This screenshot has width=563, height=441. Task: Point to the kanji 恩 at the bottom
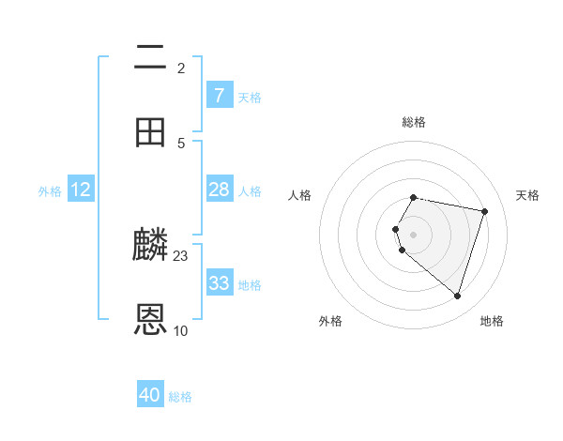[x=151, y=320]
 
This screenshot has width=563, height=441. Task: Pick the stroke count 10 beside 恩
[x=181, y=330]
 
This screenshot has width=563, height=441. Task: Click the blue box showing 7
[x=220, y=96]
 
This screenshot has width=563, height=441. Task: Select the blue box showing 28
[x=220, y=190]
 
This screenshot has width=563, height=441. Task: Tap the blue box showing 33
[x=220, y=283]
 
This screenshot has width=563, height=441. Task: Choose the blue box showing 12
[x=81, y=190]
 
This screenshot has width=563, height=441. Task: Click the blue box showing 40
[x=150, y=395]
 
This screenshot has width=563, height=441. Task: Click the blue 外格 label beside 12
[x=50, y=191]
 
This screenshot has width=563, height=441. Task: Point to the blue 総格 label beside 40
[x=180, y=397]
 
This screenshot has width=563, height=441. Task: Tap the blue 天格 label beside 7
[x=250, y=98]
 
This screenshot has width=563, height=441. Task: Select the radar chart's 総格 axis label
[x=414, y=122]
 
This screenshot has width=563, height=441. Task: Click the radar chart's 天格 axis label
[x=527, y=195]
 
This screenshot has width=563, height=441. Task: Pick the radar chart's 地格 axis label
[x=492, y=321]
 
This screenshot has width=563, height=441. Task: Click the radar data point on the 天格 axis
[x=484, y=211]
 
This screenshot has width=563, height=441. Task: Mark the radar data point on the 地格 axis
[x=457, y=296]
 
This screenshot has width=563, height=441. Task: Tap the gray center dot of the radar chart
[x=414, y=234]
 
